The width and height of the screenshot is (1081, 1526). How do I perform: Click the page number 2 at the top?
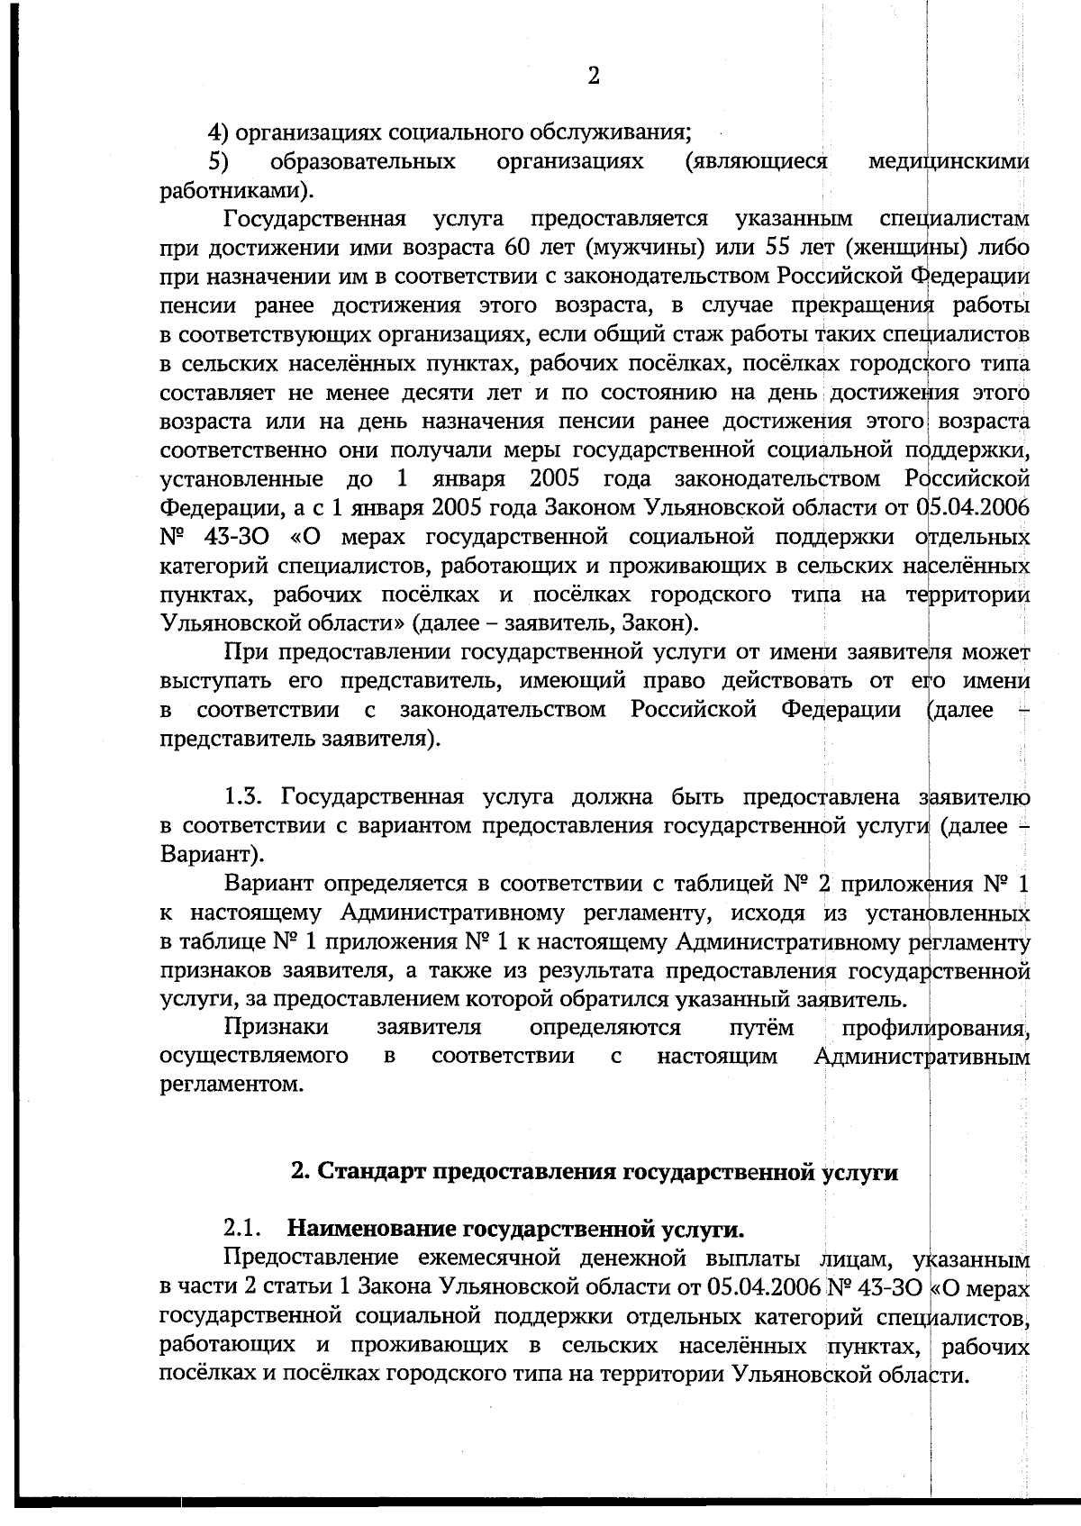tap(593, 76)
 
